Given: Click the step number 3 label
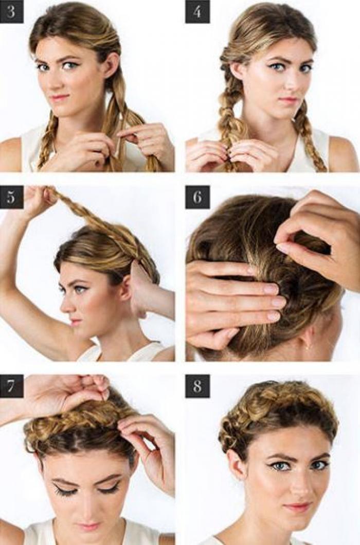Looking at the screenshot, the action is coord(11,11).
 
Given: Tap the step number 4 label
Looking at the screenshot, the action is coord(197,11).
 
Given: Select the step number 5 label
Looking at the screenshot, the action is coord(11,197).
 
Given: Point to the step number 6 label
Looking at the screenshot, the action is coord(197,197).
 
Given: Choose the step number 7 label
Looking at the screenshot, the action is coord(11,386).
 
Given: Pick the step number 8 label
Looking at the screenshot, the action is coord(197,386).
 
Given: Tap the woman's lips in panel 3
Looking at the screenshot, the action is coord(59,97).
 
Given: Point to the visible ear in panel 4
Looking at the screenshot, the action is coord(238,70).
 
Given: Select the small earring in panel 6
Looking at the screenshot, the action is coord(308,347).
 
